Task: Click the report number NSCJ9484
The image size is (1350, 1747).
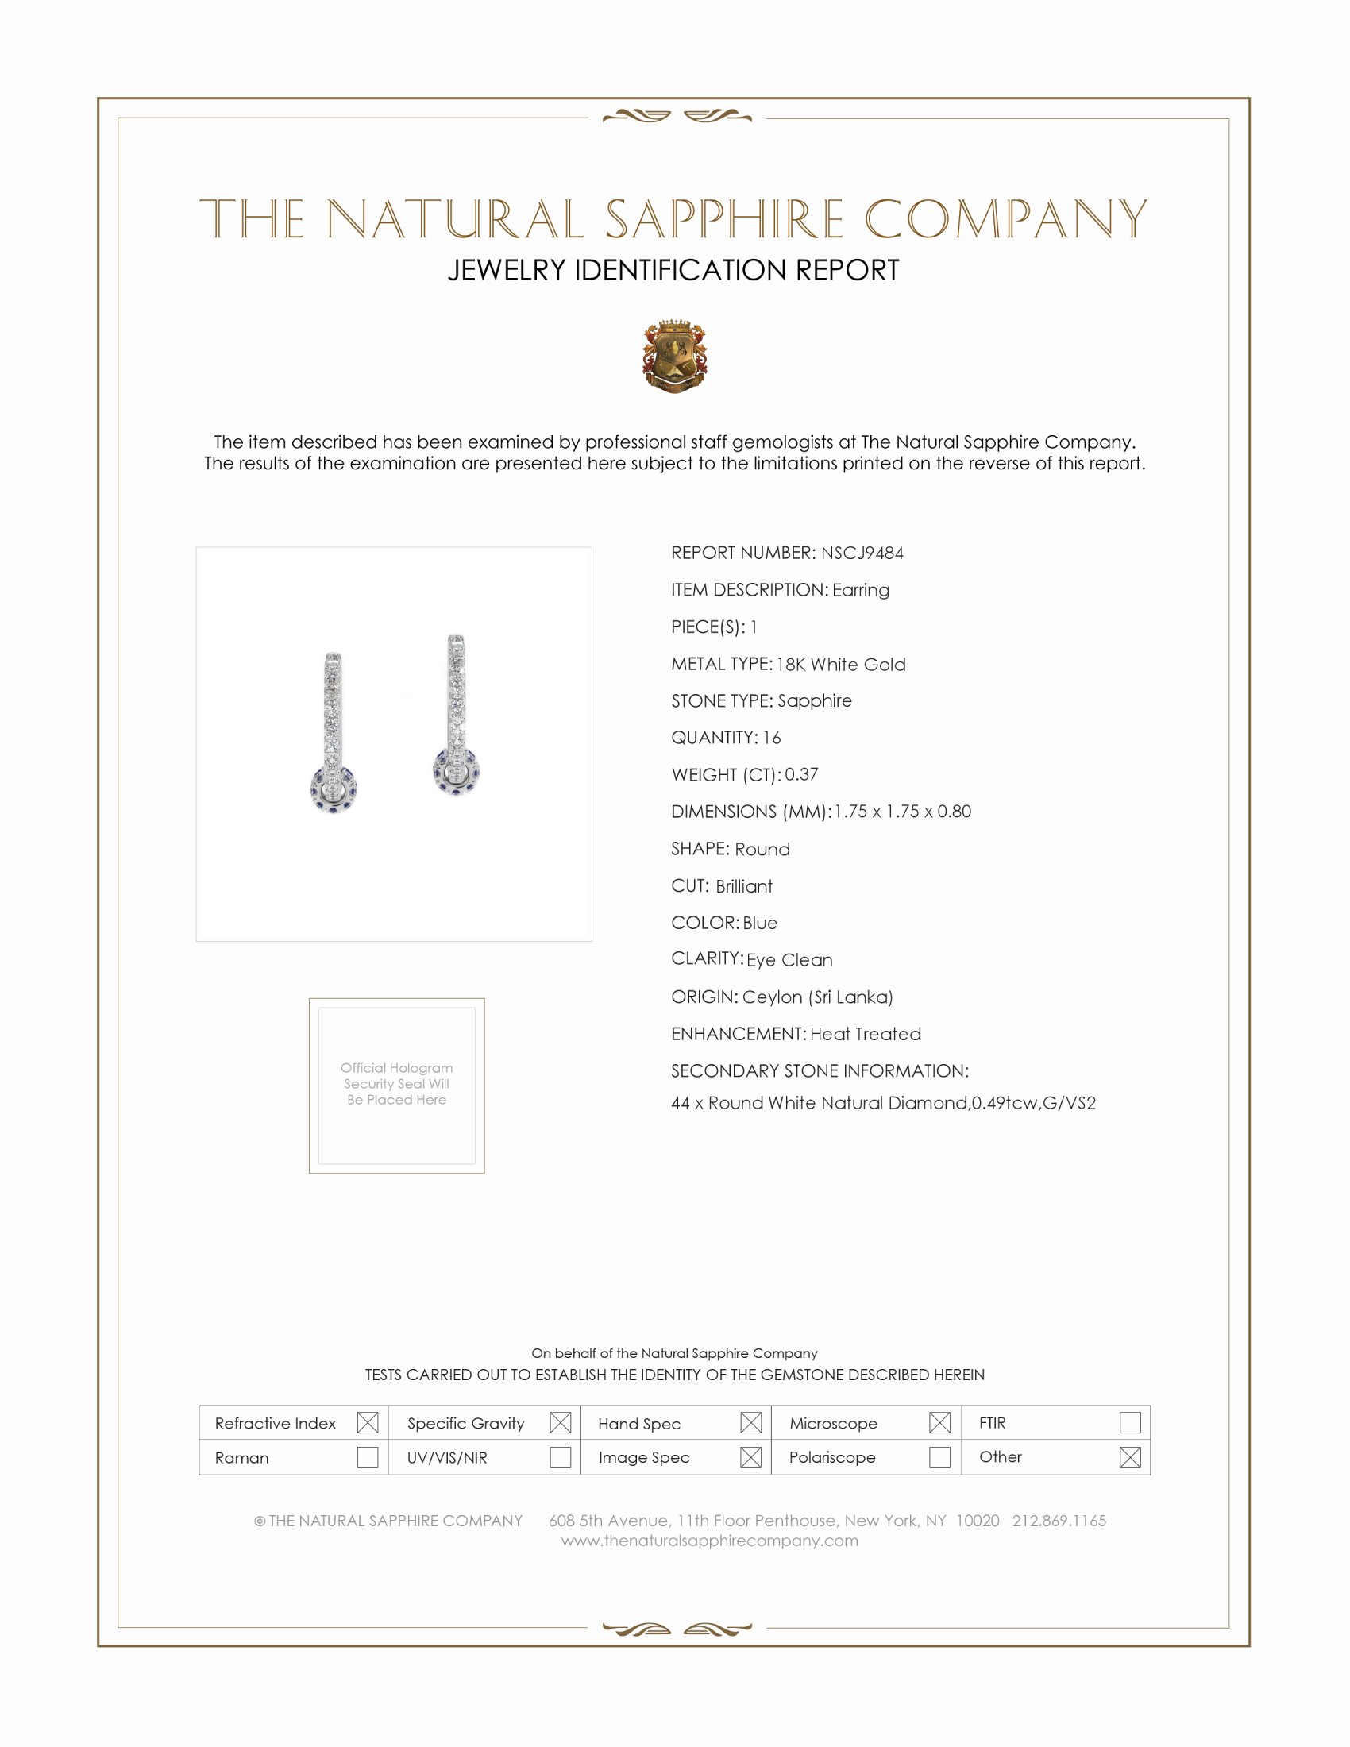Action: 862,553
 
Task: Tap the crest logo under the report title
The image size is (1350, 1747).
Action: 674,357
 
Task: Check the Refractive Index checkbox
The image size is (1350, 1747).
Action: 367,1422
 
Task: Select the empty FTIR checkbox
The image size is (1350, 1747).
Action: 1129,1422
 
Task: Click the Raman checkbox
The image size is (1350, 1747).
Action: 367,1457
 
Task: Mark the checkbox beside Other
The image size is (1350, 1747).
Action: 1129,1457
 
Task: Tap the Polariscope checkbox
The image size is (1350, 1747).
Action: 939,1457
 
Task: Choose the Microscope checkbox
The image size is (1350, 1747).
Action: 939,1422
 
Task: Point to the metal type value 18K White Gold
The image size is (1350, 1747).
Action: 840,665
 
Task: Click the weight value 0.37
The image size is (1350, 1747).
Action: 801,774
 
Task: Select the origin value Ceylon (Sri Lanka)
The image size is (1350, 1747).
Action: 817,997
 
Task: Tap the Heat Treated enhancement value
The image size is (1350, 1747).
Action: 866,1034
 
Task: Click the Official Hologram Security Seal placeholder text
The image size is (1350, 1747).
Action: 397,1084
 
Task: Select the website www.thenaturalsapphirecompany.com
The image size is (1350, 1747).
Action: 709,1541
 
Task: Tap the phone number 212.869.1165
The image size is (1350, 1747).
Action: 1059,1521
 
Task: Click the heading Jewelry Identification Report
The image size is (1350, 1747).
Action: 673,270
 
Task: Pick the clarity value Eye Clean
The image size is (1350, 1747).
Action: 789,960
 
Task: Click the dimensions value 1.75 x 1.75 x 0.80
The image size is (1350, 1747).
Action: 902,812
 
